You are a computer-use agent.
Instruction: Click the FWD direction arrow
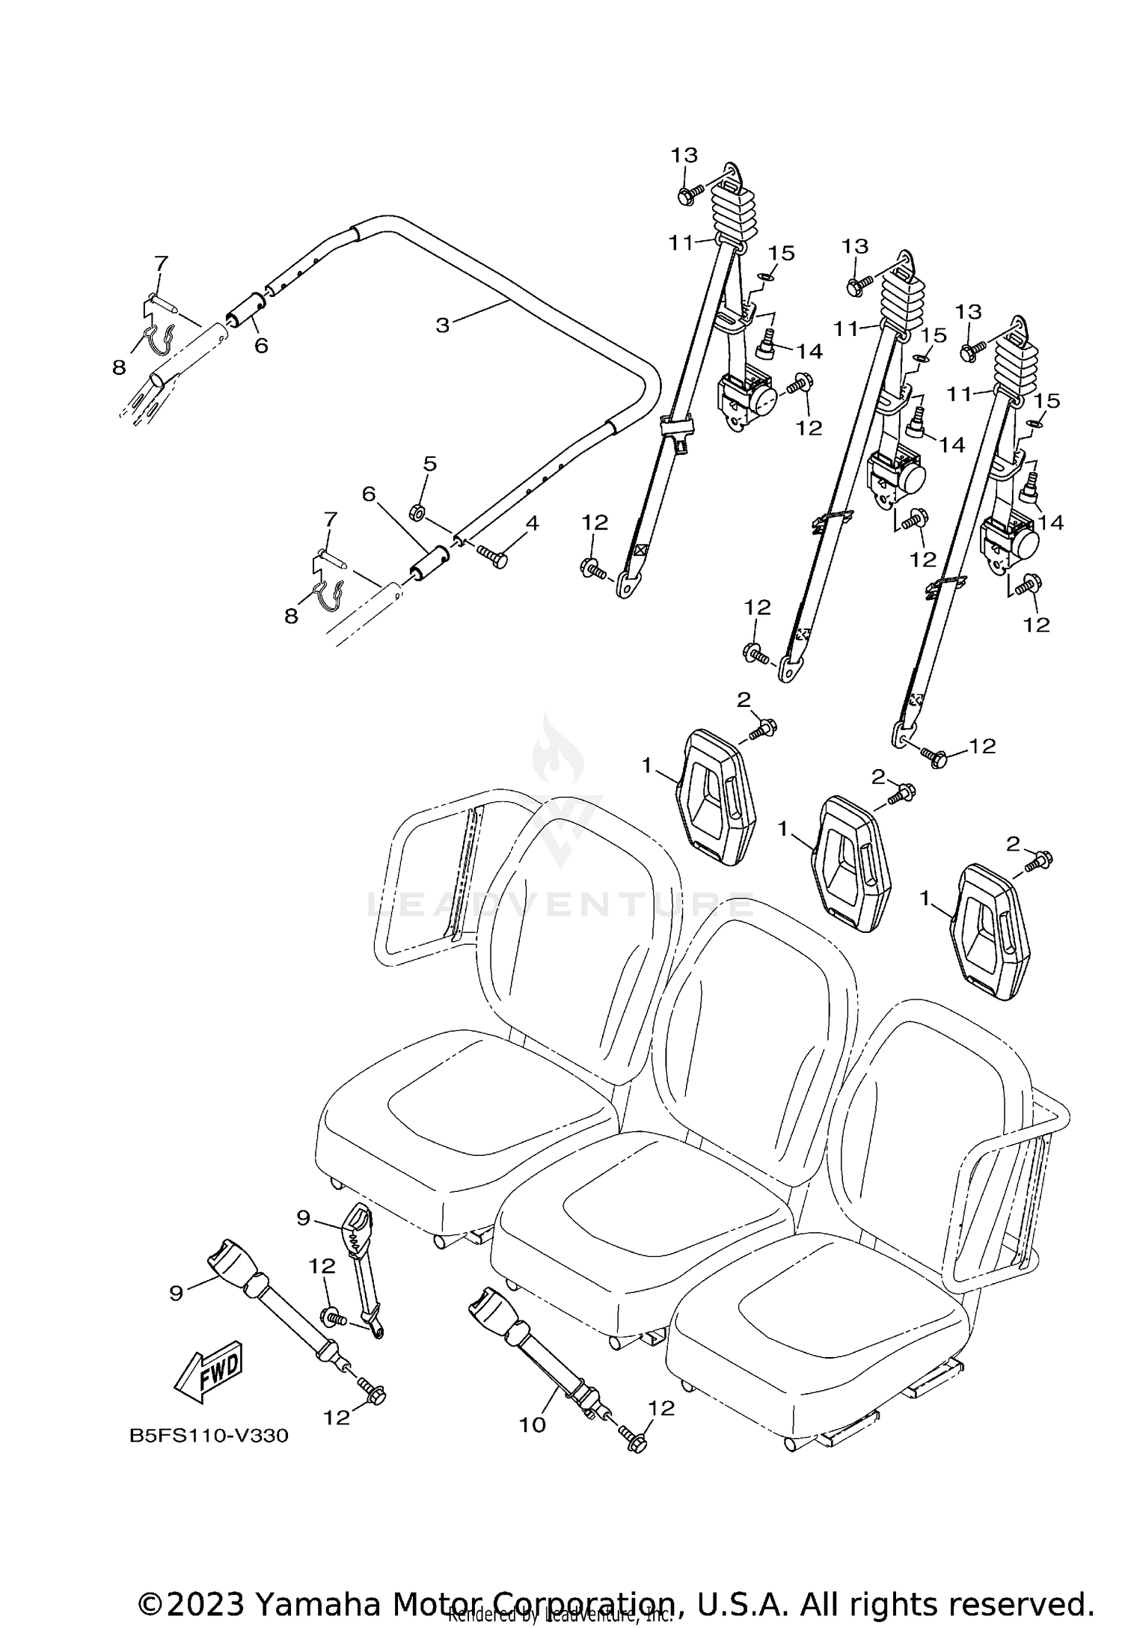[x=208, y=1371]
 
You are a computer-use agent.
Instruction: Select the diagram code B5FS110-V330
[x=209, y=1436]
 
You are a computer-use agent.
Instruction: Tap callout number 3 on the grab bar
[x=443, y=325]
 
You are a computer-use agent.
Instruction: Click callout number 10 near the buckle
[x=533, y=1425]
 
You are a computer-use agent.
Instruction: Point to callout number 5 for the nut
[x=429, y=463]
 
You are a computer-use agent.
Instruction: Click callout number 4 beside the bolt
[x=532, y=523]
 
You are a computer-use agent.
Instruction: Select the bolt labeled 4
[x=491, y=557]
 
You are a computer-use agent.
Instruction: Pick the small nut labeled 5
[x=418, y=512]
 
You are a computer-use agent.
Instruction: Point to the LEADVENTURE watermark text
[x=561, y=906]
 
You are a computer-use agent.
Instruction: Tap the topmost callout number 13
[x=684, y=155]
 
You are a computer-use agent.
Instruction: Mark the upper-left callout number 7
[x=162, y=263]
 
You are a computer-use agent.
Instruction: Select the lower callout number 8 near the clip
[x=291, y=615]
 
